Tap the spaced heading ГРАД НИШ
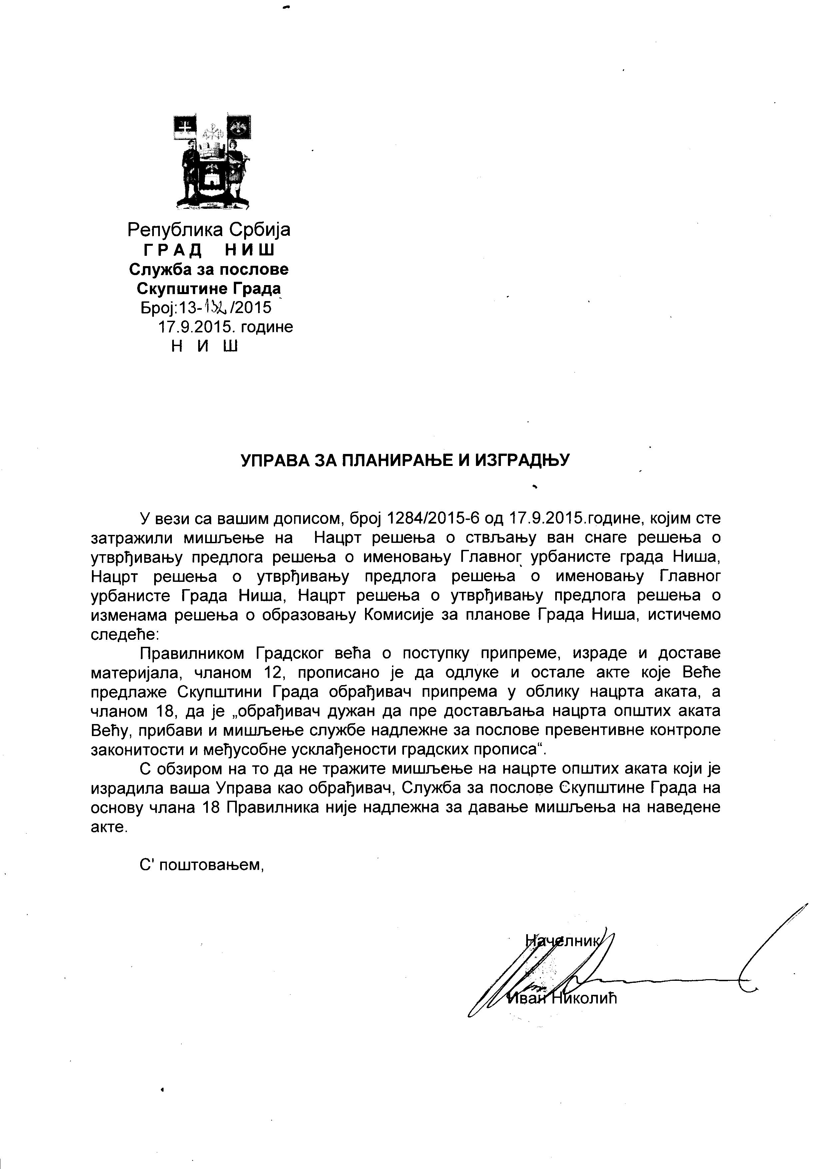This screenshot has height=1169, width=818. tap(209, 250)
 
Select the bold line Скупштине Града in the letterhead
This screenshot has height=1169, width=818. tap(209, 289)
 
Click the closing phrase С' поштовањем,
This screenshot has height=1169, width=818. tap(202, 865)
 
